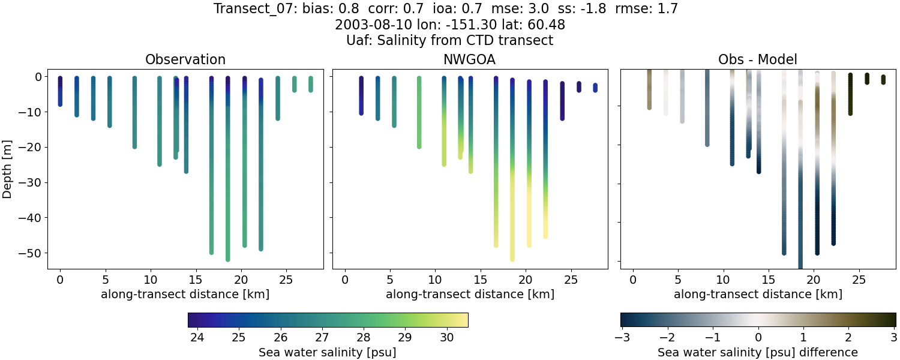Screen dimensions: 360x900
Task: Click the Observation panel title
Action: click(185, 60)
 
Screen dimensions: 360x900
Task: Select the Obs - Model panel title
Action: click(757, 60)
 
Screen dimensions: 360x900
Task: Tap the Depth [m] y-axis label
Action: click(8, 170)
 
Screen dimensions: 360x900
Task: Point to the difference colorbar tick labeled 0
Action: click(758, 338)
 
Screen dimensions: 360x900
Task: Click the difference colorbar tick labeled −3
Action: click(621, 338)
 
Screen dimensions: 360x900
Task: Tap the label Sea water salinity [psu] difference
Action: click(757, 352)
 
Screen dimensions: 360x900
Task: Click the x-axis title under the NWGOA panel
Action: click(470, 295)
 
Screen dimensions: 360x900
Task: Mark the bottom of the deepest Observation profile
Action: click(228, 259)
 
